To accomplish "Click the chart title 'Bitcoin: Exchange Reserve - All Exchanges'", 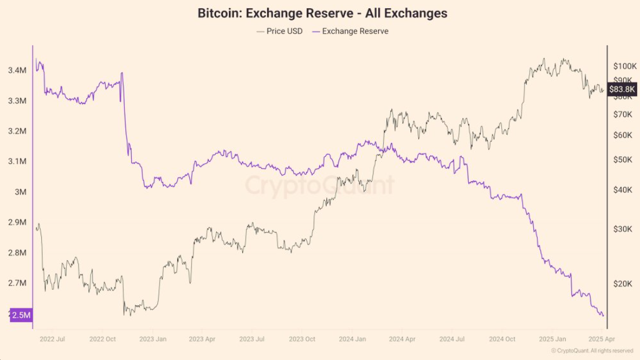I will tap(322, 13).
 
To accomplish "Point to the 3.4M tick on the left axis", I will tap(17, 70).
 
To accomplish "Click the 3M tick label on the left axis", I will tap(20, 192).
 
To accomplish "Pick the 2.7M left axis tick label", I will tap(17, 283).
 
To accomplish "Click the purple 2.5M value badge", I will tap(21, 315).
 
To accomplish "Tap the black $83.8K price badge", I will tap(623, 89).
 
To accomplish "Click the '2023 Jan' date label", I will tap(153, 339).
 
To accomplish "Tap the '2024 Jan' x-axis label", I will tap(352, 339).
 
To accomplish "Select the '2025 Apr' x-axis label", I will tap(602, 339).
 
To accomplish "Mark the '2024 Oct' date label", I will tap(502, 339).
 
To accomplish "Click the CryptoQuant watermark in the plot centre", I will tap(319, 185).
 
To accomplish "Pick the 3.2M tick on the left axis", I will tap(17, 131).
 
